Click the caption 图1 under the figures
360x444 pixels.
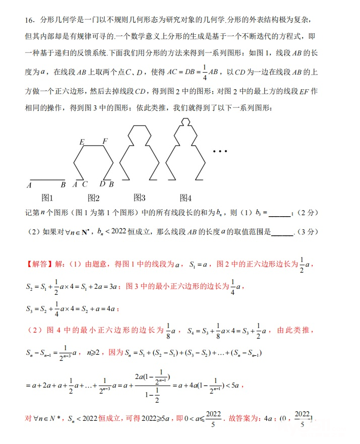click(47, 197)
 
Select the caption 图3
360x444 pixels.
click(139, 197)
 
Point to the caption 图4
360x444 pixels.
click(186, 197)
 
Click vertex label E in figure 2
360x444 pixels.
click(82, 142)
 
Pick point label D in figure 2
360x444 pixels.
click(102, 184)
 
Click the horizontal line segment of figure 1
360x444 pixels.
click(48, 179)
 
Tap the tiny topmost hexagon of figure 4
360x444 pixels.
click(186, 121)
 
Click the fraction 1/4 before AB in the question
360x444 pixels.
click(205, 73)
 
